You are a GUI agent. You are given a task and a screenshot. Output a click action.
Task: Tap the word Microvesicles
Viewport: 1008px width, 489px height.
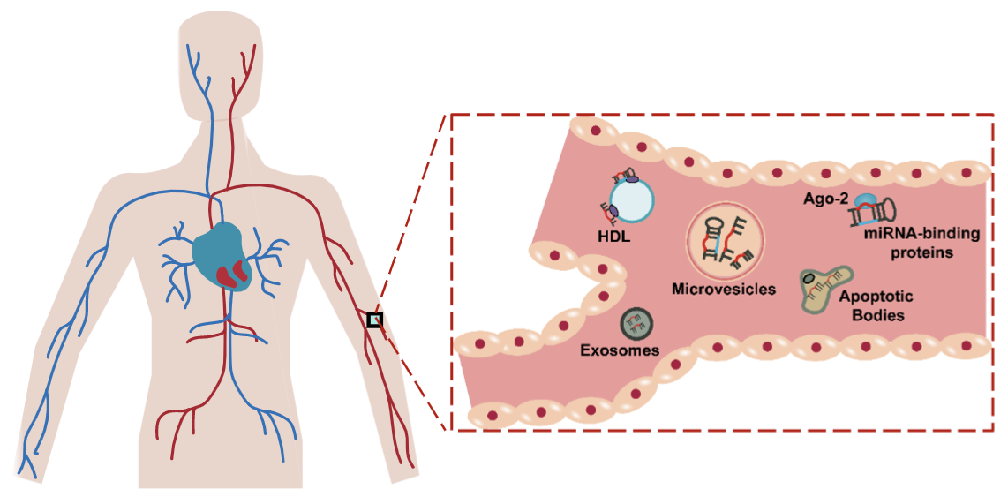pos(723,290)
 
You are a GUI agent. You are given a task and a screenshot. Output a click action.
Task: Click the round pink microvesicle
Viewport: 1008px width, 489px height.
pos(725,239)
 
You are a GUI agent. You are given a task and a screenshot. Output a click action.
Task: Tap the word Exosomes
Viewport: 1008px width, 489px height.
pos(620,350)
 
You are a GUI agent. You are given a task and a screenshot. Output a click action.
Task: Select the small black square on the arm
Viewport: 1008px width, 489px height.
pos(375,320)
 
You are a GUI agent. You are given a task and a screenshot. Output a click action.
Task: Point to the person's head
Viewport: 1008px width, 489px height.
pos(221,57)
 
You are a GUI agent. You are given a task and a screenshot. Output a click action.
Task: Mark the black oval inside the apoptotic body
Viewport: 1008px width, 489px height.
pos(809,280)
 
